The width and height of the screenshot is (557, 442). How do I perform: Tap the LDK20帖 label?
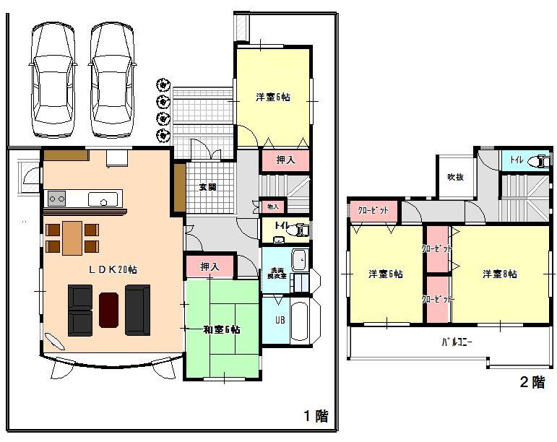tap(113, 269)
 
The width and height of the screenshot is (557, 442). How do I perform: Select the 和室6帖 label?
tap(222, 329)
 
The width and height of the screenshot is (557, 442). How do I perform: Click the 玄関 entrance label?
tap(207, 187)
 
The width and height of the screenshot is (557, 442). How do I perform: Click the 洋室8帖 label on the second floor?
tap(499, 274)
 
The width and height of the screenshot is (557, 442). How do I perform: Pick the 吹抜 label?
tap(454, 177)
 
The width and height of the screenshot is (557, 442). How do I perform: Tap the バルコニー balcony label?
tap(457, 342)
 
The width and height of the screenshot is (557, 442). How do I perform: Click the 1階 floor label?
tap(316, 416)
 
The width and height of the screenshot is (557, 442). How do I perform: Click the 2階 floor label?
tap(532, 383)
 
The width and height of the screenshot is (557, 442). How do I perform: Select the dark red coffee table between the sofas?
tap(108, 309)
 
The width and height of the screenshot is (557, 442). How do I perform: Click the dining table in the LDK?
tap(72, 238)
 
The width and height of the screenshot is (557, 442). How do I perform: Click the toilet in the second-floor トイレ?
tap(538, 161)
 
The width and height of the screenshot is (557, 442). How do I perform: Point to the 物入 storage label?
tap(272, 207)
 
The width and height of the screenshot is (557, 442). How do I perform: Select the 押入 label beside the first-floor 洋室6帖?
tap(285, 160)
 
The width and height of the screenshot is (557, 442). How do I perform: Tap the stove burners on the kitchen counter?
tap(57, 198)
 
